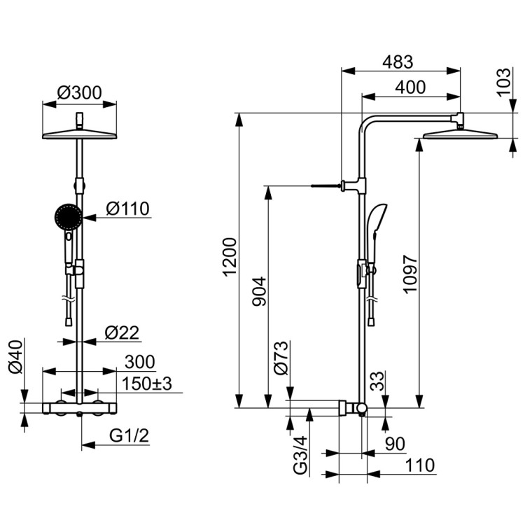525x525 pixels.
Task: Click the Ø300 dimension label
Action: coord(79,93)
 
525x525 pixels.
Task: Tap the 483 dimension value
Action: coord(398,62)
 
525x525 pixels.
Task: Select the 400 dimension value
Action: coord(410,87)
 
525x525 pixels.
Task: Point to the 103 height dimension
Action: coord(505,83)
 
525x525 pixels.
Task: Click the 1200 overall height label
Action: coord(230,257)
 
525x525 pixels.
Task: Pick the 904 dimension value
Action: coord(259,291)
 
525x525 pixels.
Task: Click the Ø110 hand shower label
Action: coord(127,209)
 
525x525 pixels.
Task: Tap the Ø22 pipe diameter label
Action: coord(122,332)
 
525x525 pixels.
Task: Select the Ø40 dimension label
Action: coord(16,356)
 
